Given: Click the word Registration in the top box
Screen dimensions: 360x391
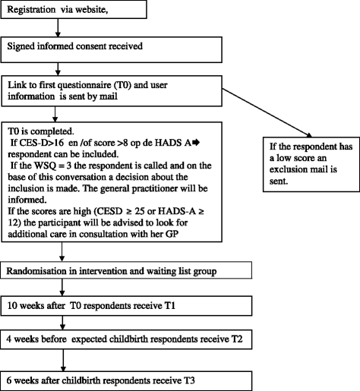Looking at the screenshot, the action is (31, 10).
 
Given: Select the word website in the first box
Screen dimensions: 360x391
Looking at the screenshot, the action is (90, 10).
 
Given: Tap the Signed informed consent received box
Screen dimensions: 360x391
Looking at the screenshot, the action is (112, 49).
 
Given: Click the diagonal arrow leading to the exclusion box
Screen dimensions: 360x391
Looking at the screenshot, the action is (267, 113).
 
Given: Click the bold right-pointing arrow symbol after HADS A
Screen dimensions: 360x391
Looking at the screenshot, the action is (196, 143).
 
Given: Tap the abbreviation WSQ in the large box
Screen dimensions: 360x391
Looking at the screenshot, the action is (43, 166).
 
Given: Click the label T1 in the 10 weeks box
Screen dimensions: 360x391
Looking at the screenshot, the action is (170, 306).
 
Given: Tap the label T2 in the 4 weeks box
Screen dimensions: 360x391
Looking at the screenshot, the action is (237, 339).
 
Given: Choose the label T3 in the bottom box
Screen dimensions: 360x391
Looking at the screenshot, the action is (189, 380).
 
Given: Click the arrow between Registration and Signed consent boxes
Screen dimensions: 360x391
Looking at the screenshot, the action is (58, 27).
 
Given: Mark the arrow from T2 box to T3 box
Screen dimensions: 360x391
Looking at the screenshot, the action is (63, 360).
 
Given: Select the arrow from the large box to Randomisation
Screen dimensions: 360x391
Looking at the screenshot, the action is (62, 252).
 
